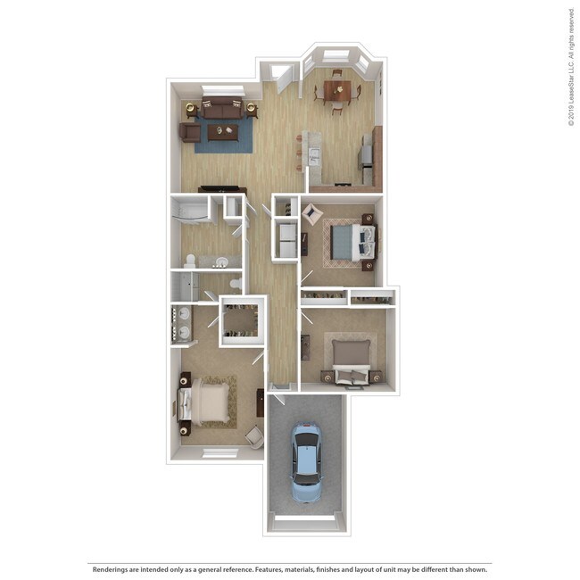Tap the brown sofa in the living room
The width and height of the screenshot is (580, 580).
pyautogui.click(x=220, y=109)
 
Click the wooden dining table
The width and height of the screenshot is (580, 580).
pyautogui.click(x=337, y=88)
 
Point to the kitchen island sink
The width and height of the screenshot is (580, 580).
pyautogui.click(x=314, y=157)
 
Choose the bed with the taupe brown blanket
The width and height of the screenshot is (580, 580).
pyautogui.click(x=352, y=356)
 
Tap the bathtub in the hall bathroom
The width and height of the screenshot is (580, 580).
pyautogui.click(x=190, y=212)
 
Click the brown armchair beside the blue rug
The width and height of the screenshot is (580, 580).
pyautogui.click(x=189, y=132)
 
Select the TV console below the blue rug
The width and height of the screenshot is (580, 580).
pyautogui.click(x=222, y=189)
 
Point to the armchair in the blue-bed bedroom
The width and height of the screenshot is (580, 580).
pyautogui.click(x=311, y=213)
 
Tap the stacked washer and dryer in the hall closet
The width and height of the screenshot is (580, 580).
pyautogui.click(x=286, y=241)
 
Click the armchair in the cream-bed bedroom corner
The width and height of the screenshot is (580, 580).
pyautogui.click(x=254, y=436)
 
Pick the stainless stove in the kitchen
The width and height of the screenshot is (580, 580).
pyautogui.click(x=366, y=158)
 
